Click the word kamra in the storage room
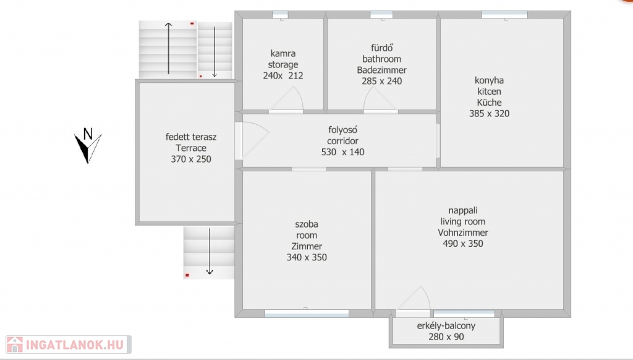pos(283,53)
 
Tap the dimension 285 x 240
pos(382,81)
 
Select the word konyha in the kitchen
pos(489,80)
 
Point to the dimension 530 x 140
pos(342,152)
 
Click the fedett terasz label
pos(191,137)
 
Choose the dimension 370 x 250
pos(191,159)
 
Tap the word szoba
pos(307,225)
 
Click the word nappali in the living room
pos(462,211)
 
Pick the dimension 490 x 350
pos(462,244)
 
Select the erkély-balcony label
pos(446,326)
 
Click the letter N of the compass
pos(88,134)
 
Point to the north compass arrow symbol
pos(88,148)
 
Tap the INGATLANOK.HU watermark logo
pos(69,345)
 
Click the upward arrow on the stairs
pos(168,48)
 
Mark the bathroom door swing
pos(380,98)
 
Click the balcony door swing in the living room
pos(413,299)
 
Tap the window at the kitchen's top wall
pos(504,15)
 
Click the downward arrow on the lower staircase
pos(210,251)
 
